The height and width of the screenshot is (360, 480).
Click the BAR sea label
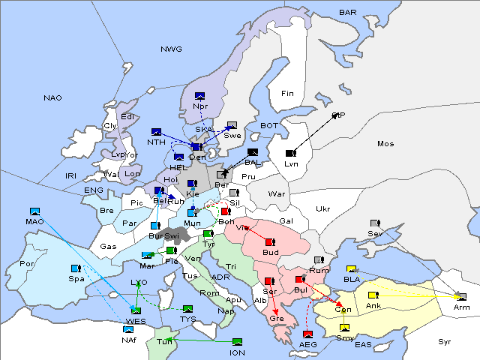[347, 12]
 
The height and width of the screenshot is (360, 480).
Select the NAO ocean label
[52, 97]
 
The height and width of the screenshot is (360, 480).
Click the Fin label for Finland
[287, 93]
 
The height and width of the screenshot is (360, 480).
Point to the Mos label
[385, 143]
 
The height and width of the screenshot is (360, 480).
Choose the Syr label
[445, 341]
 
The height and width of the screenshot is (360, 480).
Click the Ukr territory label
[322, 208]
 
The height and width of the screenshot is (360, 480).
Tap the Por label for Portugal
[27, 264]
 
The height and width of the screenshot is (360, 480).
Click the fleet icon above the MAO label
[34, 212]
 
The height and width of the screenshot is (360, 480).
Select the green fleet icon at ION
[238, 342]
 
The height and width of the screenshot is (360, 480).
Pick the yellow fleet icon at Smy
[344, 327]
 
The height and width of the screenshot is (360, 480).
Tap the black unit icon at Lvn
[291, 153]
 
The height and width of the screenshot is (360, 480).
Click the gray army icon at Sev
[375, 223]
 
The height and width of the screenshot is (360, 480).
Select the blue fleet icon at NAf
[129, 329]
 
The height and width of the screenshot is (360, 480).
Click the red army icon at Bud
[270, 242]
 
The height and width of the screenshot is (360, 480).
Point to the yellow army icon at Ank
[373, 295]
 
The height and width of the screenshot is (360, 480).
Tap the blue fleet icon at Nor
[199, 96]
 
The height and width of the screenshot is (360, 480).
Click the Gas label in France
[109, 246]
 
